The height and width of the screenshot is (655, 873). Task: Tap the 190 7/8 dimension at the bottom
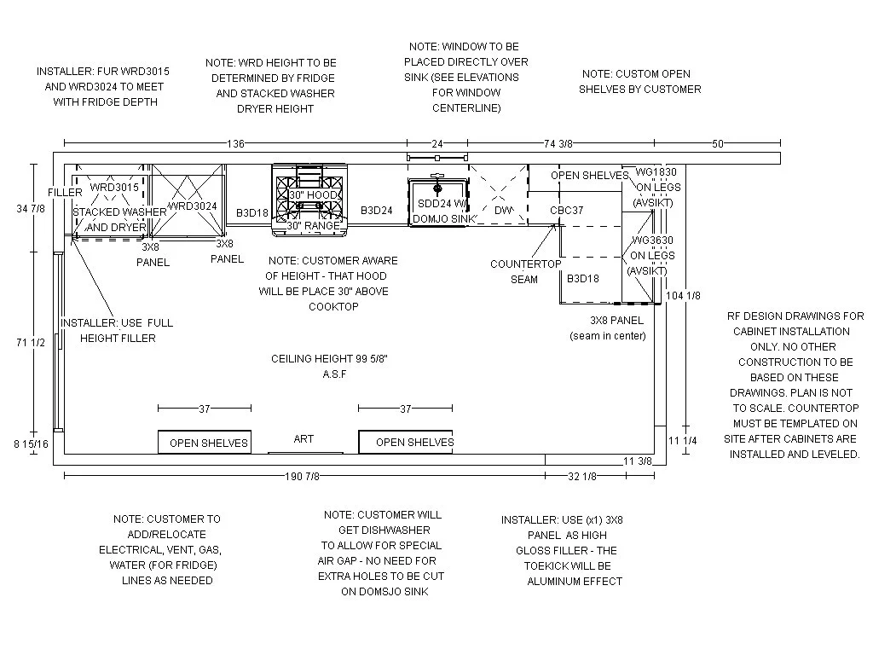click(x=303, y=476)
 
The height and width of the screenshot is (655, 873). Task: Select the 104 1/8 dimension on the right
click(x=684, y=295)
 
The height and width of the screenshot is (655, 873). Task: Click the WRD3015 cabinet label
click(x=113, y=187)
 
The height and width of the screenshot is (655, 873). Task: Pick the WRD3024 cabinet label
click(x=192, y=206)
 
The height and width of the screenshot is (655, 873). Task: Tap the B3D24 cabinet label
click(x=376, y=210)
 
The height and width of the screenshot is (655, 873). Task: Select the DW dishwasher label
click(x=502, y=210)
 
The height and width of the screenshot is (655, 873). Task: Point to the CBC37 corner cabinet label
click(x=566, y=210)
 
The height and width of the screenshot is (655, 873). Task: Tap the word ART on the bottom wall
click(x=304, y=438)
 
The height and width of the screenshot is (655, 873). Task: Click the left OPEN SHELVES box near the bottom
click(x=205, y=443)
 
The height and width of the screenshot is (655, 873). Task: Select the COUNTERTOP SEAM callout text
click(x=525, y=271)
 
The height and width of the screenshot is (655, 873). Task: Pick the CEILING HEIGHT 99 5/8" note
click(x=330, y=366)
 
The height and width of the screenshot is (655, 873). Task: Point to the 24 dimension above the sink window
click(x=436, y=143)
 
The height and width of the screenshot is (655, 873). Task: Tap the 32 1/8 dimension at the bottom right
click(x=582, y=476)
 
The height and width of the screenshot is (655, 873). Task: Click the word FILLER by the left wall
click(x=65, y=193)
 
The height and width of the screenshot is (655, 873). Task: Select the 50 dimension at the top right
click(x=718, y=143)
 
